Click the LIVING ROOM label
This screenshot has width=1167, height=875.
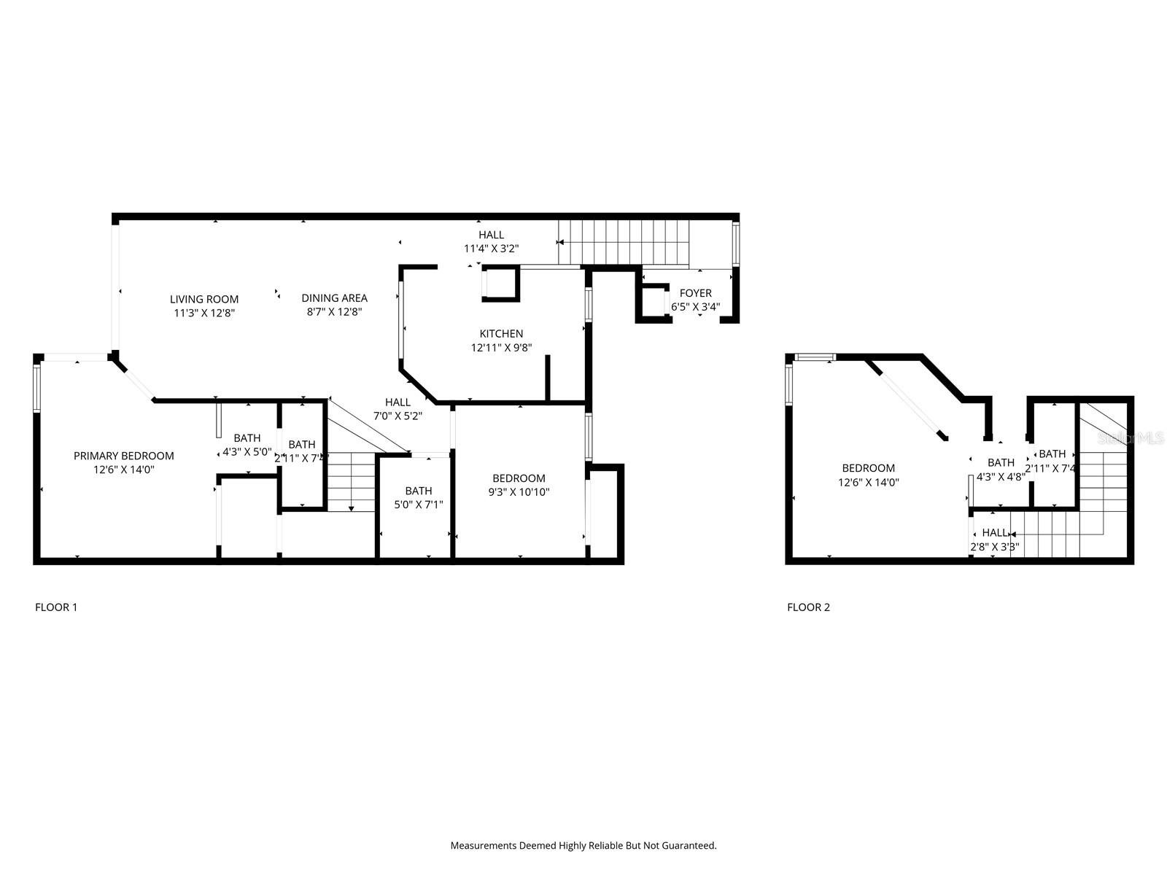click(204, 299)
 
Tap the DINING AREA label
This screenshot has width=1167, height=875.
click(335, 297)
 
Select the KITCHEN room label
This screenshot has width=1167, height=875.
click(501, 334)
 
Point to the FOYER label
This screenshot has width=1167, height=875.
click(695, 293)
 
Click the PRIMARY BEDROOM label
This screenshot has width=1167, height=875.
click(124, 456)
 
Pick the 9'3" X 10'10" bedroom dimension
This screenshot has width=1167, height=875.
click(519, 492)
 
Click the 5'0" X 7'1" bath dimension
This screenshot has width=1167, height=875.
click(419, 504)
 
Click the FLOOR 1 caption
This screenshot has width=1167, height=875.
click(56, 607)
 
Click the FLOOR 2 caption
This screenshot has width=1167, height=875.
click(808, 607)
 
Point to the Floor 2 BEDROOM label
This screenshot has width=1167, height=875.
click(868, 468)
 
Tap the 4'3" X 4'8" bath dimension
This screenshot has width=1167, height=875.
click(1001, 476)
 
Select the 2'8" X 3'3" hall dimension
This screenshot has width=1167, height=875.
click(994, 546)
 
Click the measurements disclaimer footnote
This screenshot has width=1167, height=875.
click(583, 846)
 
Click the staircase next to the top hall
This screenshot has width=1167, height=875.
click(624, 243)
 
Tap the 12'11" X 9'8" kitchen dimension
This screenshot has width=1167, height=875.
click(501, 348)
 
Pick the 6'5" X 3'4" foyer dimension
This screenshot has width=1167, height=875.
click(695, 307)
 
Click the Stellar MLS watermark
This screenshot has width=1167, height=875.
click(1131, 438)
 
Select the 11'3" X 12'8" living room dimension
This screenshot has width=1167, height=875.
click(204, 313)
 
